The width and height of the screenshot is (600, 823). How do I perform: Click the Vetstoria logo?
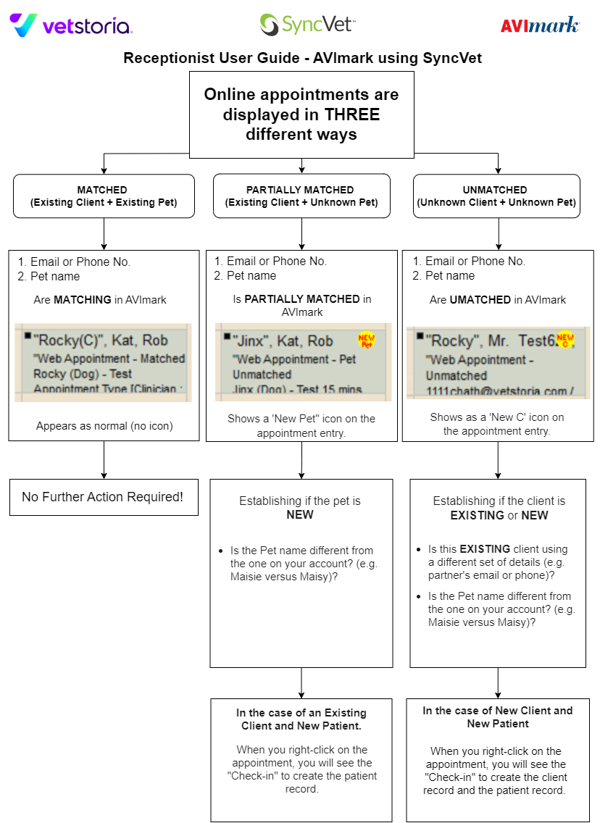[70, 26]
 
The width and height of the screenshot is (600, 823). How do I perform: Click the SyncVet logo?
[307, 25]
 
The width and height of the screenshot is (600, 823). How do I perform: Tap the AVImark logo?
[540, 25]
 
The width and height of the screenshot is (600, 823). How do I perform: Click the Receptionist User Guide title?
[302, 58]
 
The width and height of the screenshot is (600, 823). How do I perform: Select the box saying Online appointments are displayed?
[301, 114]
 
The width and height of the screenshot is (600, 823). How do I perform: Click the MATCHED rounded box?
[104, 196]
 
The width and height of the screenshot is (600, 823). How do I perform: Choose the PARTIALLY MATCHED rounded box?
[301, 196]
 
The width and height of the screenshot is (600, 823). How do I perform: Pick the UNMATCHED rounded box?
[498, 196]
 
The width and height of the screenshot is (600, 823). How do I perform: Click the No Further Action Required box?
[103, 497]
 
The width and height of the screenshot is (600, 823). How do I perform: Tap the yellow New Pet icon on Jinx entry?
[367, 340]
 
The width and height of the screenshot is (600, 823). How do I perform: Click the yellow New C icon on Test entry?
[564, 339]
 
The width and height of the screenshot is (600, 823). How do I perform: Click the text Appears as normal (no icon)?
[104, 426]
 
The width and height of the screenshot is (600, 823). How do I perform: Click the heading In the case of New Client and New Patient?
[498, 717]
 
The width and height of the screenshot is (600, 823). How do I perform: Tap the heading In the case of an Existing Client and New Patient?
[301, 719]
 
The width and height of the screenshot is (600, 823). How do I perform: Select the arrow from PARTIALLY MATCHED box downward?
[301, 233]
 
